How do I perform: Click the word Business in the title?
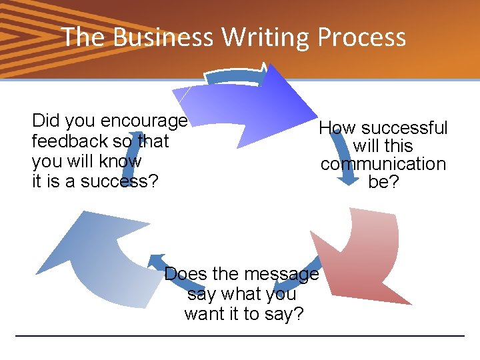tap(163, 37)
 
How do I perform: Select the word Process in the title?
tap(362, 37)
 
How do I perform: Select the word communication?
tap(383, 164)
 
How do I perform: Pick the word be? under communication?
tap(383, 182)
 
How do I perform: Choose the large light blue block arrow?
tap(93, 260)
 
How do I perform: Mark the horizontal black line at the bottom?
tap(240, 335)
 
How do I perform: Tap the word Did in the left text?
tap(45, 121)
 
